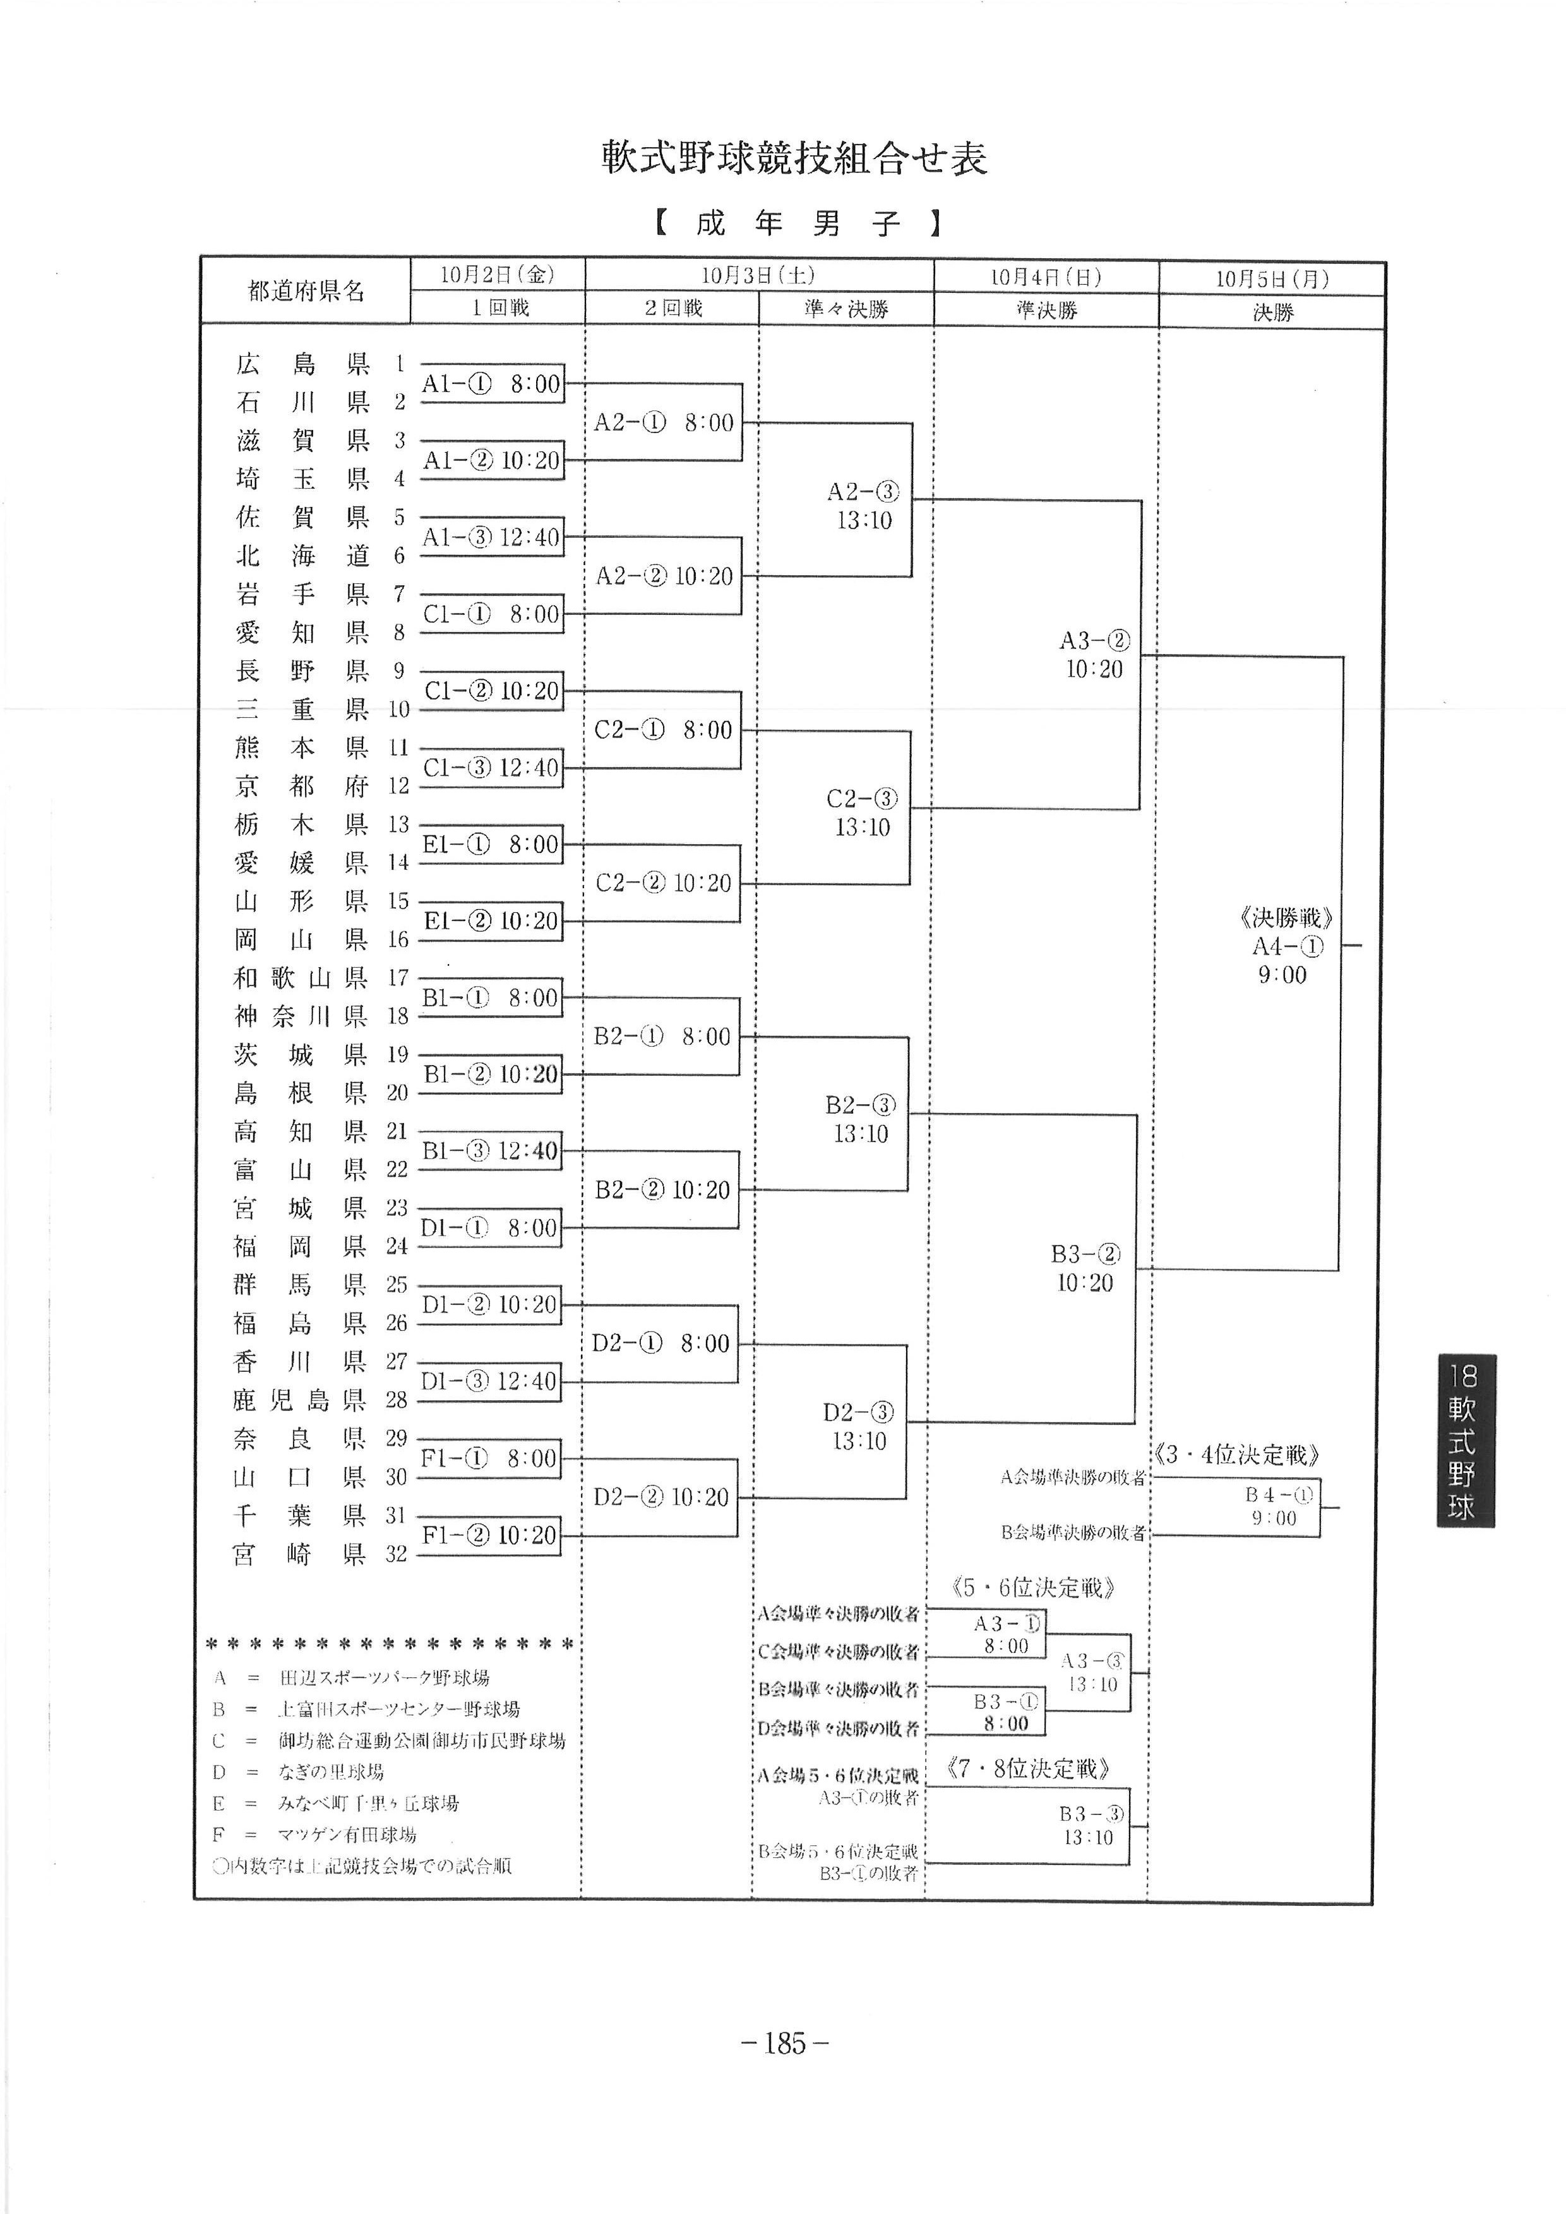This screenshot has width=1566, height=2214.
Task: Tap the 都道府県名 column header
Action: [x=306, y=290]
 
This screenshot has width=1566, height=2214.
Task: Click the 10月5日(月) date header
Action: [x=1271, y=278]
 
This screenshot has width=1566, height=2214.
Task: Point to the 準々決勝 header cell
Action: [x=846, y=309]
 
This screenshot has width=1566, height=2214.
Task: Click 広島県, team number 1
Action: [x=303, y=364]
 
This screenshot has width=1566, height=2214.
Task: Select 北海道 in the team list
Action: [x=303, y=556]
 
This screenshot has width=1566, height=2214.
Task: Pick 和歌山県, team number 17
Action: [x=300, y=978]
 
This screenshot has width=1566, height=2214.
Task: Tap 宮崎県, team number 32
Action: [x=300, y=1554]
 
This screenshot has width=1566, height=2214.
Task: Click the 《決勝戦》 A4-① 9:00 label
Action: [x=1286, y=946]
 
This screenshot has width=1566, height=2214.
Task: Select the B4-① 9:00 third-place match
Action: [x=1279, y=1506]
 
